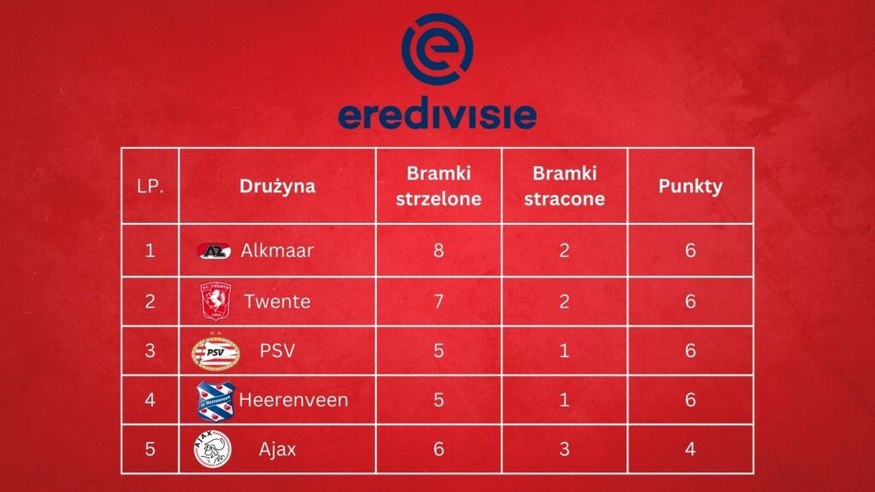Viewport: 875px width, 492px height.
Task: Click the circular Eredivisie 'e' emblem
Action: pyautogui.click(x=437, y=49)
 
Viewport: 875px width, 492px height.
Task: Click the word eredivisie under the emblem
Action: pyautogui.click(x=437, y=114)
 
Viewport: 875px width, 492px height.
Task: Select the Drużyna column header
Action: pyautogui.click(x=278, y=186)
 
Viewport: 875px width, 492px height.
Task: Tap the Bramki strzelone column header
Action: pyautogui.click(x=438, y=185)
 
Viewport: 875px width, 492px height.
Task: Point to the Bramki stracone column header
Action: pyautogui.click(x=564, y=185)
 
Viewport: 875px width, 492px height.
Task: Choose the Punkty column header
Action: pyautogui.click(x=690, y=186)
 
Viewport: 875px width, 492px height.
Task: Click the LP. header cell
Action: pyautogui.click(x=150, y=186)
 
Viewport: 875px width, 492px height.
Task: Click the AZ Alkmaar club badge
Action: pyautogui.click(x=214, y=251)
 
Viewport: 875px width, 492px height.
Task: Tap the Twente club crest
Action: pyautogui.click(x=215, y=302)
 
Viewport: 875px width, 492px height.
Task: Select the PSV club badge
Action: pyautogui.click(x=215, y=351)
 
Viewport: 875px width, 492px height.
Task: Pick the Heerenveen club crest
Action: pyautogui.click(x=215, y=401)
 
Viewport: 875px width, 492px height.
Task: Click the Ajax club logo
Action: pyautogui.click(x=213, y=449)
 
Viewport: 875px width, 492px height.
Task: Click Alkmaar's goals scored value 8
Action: pyautogui.click(x=438, y=250)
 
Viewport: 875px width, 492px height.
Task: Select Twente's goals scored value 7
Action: pyautogui.click(x=438, y=302)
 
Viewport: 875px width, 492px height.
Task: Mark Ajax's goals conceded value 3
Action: pyautogui.click(x=564, y=449)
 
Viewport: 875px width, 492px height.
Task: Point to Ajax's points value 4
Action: pyautogui.click(x=690, y=449)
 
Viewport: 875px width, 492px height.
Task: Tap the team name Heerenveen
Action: pyautogui.click(x=294, y=400)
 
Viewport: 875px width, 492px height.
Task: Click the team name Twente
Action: pyautogui.click(x=278, y=302)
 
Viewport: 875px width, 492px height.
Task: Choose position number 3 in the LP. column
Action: pyautogui.click(x=150, y=350)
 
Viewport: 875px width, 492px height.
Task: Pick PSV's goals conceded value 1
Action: pyautogui.click(x=564, y=350)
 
